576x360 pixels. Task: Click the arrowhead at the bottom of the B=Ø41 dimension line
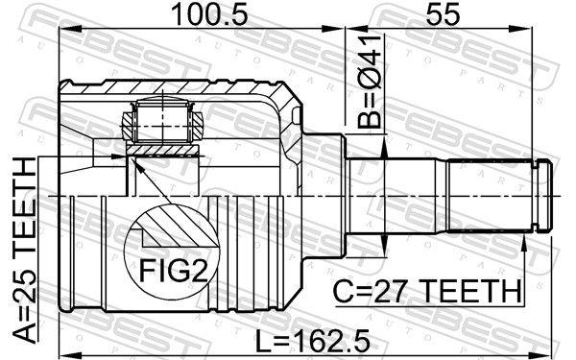point(383,244)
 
